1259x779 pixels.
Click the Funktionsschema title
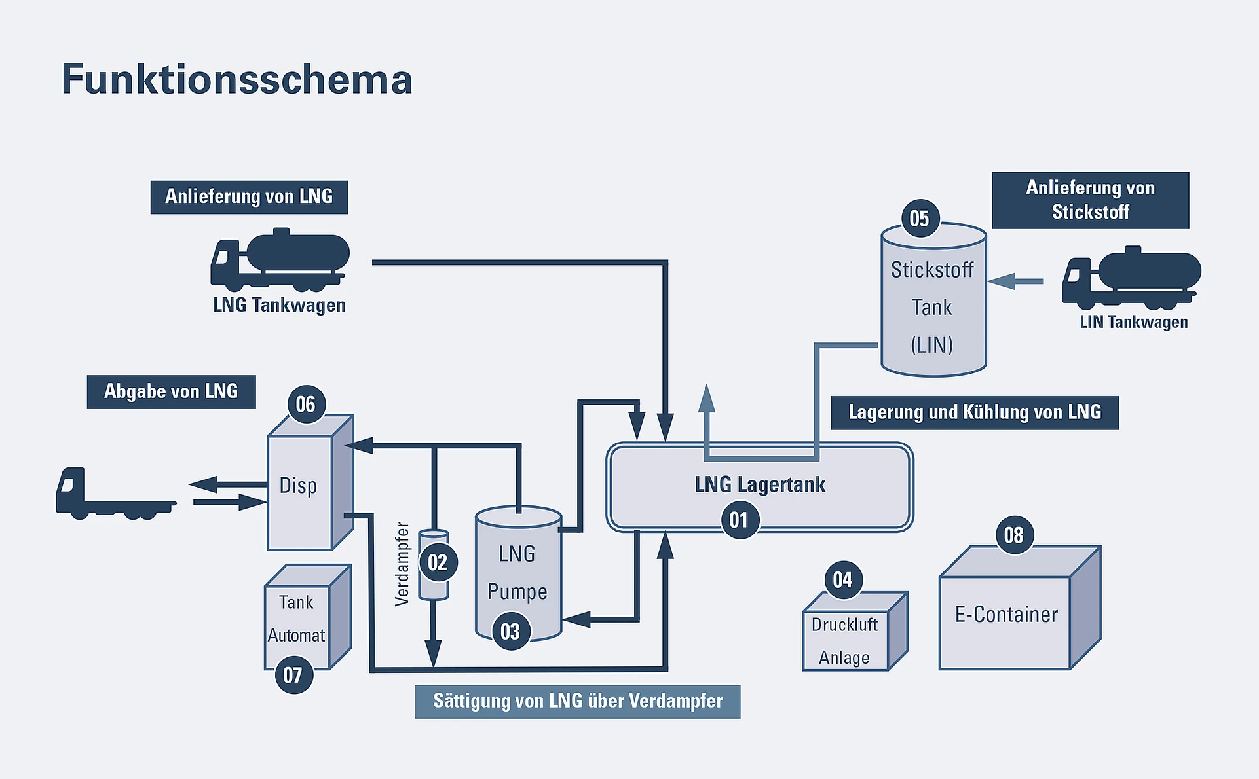coord(236,79)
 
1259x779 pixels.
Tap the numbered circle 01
coord(739,520)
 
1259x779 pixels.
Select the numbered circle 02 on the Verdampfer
coord(438,562)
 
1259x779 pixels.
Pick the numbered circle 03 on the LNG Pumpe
coord(510,631)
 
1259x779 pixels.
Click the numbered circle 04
coord(842,579)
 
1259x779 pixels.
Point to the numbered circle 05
coord(919,218)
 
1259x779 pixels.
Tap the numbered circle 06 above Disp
coord(306,404)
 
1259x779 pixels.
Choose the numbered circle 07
coord(293,675)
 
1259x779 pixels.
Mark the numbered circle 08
coord(1013,535)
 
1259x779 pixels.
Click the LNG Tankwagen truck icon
coord(280,261)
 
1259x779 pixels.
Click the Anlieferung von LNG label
coord(249,197)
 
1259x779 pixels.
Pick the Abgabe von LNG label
coord(171,391)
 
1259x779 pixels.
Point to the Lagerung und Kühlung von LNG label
coord(974,412)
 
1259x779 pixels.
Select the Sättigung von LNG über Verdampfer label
coord(577,702)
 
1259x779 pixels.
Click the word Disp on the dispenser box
coord(298,486)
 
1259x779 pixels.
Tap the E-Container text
coord(1006,615)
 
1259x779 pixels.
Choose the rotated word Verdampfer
coord(402,564)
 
